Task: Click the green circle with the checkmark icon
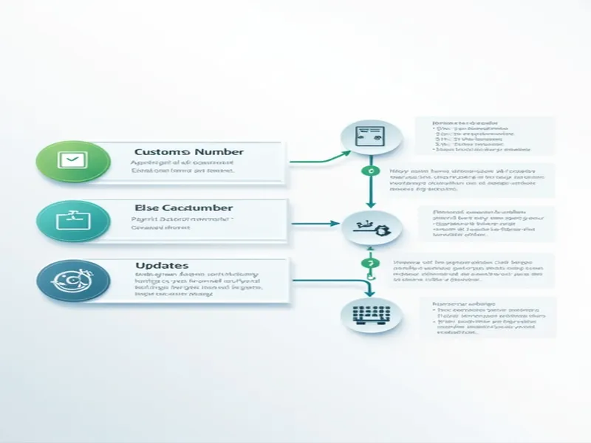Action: tap(71, 159)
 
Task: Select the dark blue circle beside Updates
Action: tap(71, 279)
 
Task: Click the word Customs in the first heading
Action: tap(158, 152)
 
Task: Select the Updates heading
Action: tap(161, 264)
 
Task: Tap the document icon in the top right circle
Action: tap(371, 135)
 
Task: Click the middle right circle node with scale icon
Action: tap(371, 229)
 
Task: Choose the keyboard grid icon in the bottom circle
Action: tap(371, 315)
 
